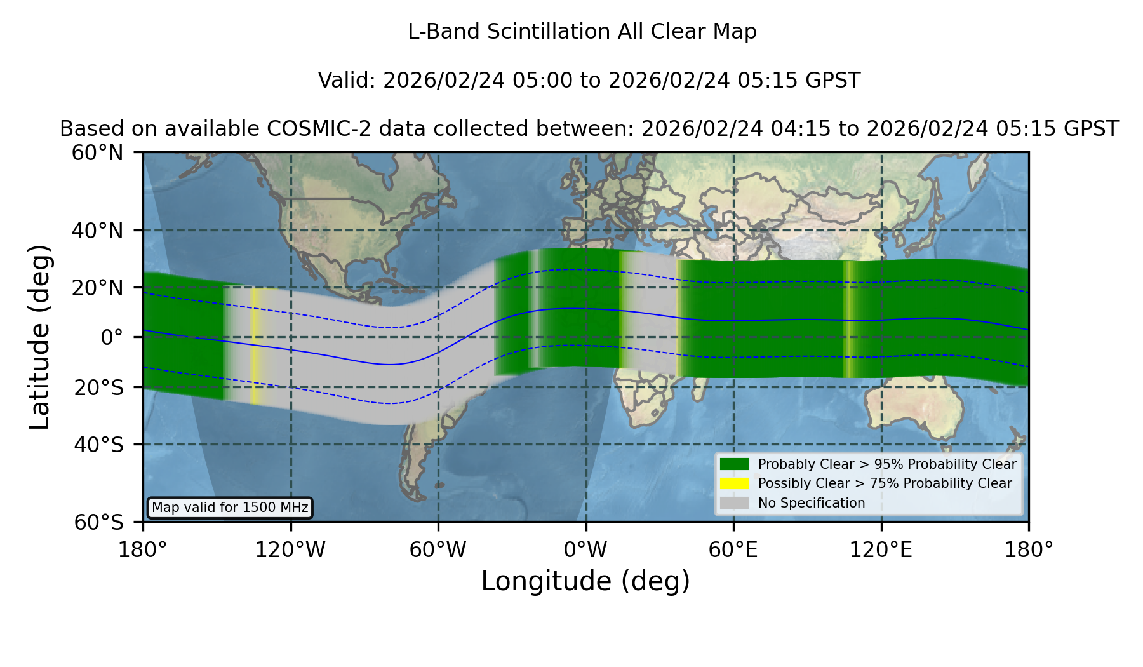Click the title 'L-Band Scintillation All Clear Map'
pos(582,32)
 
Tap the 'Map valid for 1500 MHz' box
pos(230,508)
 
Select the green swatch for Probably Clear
pos(735,464)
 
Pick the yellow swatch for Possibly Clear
pos(735,483)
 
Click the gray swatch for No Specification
pos(735,503)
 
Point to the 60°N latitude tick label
pos(98,152)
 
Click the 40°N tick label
pos(98,231)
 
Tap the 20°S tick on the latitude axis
pos(99,387)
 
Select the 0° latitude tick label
pos(112,337)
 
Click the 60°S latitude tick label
pos(99,522)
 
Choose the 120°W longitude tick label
pos(291,550)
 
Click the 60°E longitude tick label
pos(733,550)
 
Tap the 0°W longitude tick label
pos(586,550)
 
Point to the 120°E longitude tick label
pos(881,550)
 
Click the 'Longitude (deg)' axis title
pos(585,581)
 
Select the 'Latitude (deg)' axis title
pos(39,337)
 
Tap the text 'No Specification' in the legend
pos(812,503)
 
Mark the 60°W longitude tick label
pos(438,550)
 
